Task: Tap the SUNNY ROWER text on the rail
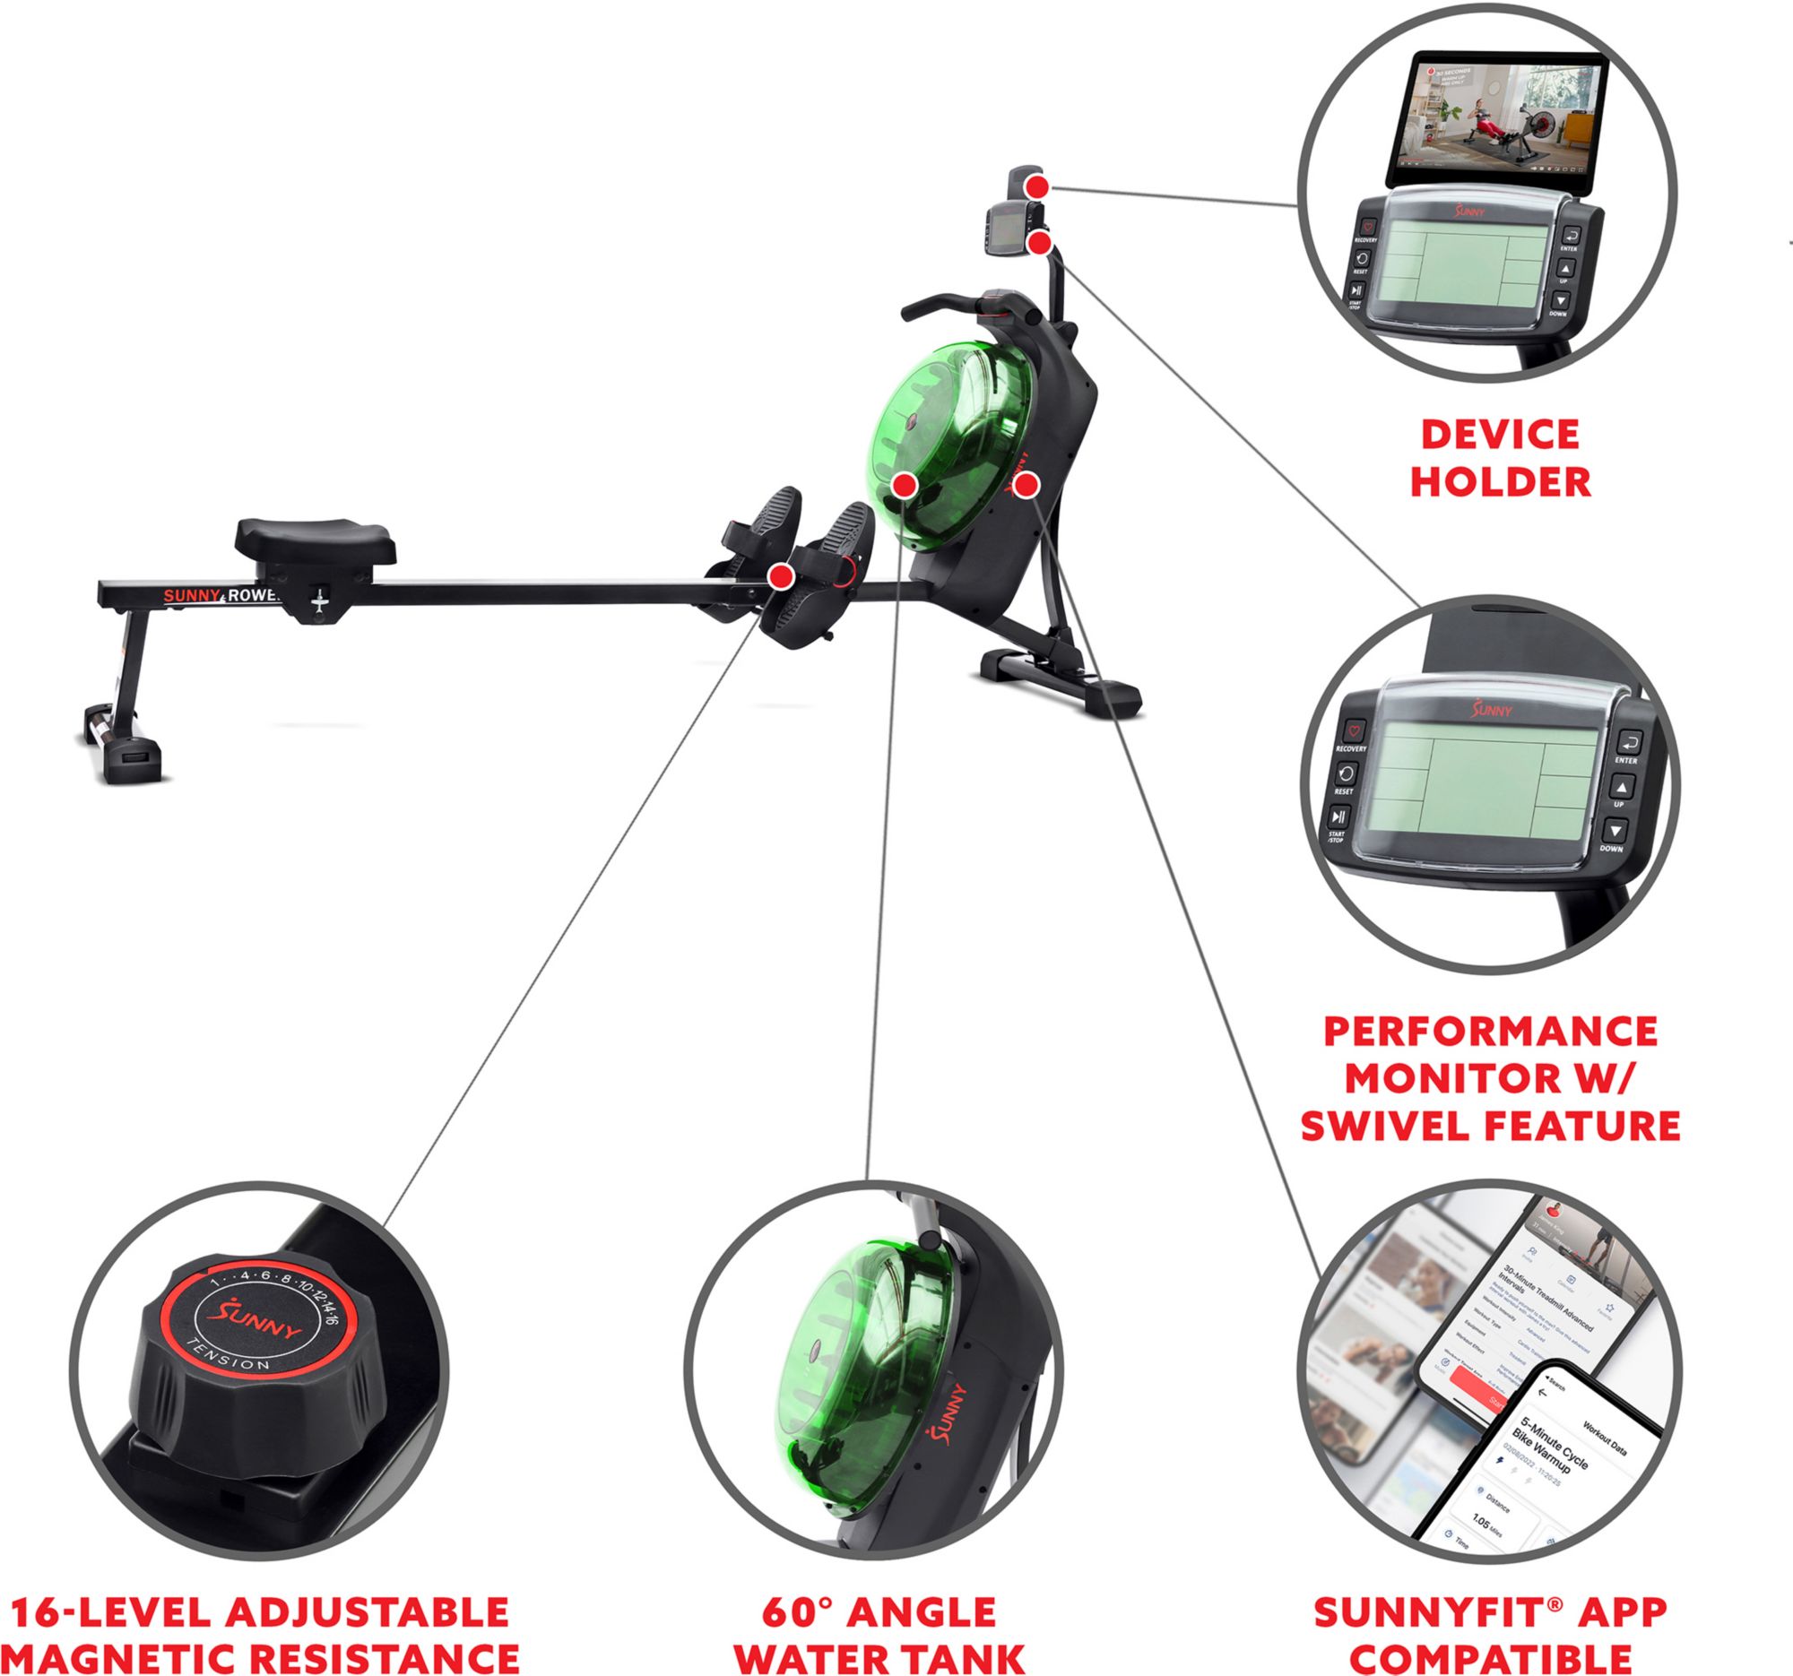pos(221,596)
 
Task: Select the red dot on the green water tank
pos(905,486)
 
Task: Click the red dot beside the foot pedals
pos(781,576)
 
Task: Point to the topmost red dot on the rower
pos(1038,187)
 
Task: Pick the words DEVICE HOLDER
pos(1500,458)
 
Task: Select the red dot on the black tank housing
pos(1026,486)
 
